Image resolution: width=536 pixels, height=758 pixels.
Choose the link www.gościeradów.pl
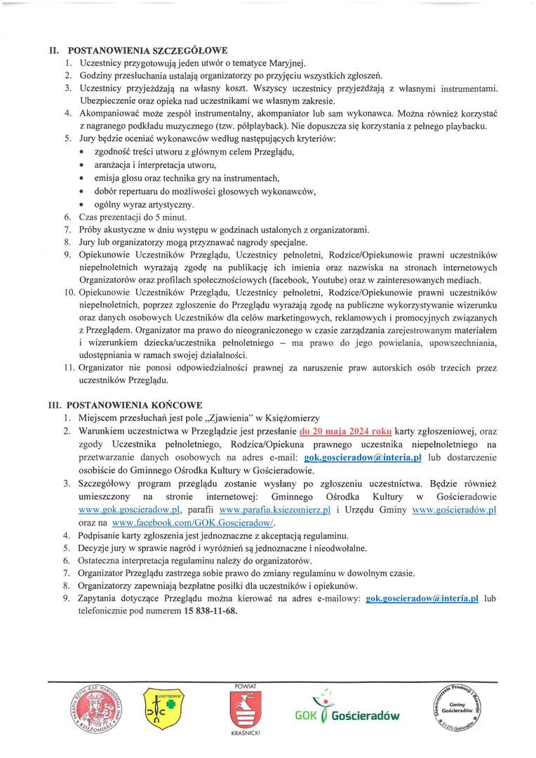455,510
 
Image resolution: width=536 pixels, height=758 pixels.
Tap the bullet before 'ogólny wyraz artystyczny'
83,205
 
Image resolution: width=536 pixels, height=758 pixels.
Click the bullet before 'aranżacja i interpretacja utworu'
83,166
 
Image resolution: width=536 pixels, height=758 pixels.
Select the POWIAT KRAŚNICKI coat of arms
244,710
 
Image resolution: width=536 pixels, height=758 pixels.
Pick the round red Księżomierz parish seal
98,708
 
